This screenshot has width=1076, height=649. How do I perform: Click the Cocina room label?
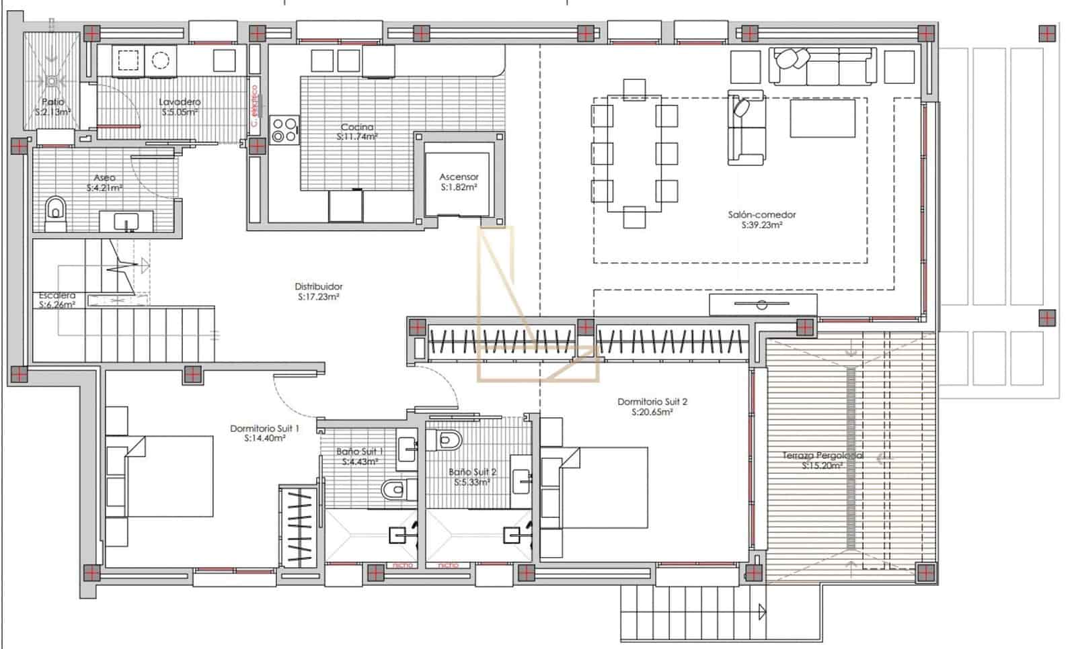[356, 127]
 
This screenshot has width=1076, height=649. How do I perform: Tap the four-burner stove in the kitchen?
[284, 130]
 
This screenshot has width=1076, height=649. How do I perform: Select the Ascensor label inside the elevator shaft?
[459, 177]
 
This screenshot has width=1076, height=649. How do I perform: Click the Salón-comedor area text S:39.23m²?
[761, 226]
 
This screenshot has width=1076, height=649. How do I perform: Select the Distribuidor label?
[319, 286]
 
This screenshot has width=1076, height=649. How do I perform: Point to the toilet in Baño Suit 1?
[397, 489]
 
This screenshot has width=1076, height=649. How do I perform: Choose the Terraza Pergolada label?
[822, 456]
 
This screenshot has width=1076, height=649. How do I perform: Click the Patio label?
[53, 102]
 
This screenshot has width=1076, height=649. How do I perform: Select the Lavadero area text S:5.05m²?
[180, 112]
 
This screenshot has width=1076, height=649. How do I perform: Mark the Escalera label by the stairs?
[57, 296]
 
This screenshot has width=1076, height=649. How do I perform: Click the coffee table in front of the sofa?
[822, 118]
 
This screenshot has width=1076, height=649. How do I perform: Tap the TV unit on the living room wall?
[763, 305]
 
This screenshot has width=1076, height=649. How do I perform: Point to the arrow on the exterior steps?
[762, 612]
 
